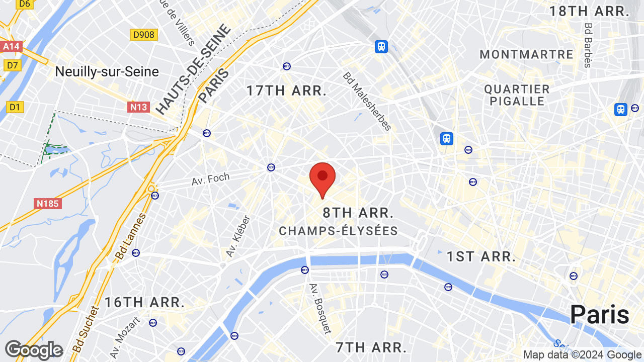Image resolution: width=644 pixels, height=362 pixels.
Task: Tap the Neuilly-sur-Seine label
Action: pyautogui.click(x=107, y=72)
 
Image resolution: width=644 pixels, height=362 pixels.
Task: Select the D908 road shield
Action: pyautogui.click(x=144, y=35)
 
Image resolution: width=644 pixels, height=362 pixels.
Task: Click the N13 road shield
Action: pyautogui.click(x=138, y=107)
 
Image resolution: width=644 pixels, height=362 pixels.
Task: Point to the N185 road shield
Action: pyautogui.click(x=48, y=204)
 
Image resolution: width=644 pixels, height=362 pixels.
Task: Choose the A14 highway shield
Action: pyautogui.click(x=11, y=47)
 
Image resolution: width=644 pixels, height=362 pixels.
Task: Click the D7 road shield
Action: pyautogui.click(x=12, y=65)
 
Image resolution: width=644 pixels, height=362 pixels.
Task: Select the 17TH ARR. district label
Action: pyautogui.click(x=286, y=91)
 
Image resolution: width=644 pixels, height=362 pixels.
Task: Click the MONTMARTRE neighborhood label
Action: pyautogui.click(x=526, y=54)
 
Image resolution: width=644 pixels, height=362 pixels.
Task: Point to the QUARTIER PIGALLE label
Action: pyautogui.click(x=517, y=95)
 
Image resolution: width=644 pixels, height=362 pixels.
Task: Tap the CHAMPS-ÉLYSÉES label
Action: pyautogui.click(x=339, y=231)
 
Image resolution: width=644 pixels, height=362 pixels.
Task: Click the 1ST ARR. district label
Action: pyautogui.click(x=481, y=256)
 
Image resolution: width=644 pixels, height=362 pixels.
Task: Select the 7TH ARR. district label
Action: pyautogui.click(x=371, y=347)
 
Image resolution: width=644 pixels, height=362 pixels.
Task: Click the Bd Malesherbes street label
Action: pyautogui.click(x=367, y=101)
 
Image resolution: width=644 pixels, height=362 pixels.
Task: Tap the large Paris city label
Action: pyautogui.click(x=599, y=315)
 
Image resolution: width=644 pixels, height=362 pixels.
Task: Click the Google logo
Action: pyautogui.click(x=34, y=350)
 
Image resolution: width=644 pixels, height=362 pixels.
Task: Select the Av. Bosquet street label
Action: pyautogui.click(x=320, y=308)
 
